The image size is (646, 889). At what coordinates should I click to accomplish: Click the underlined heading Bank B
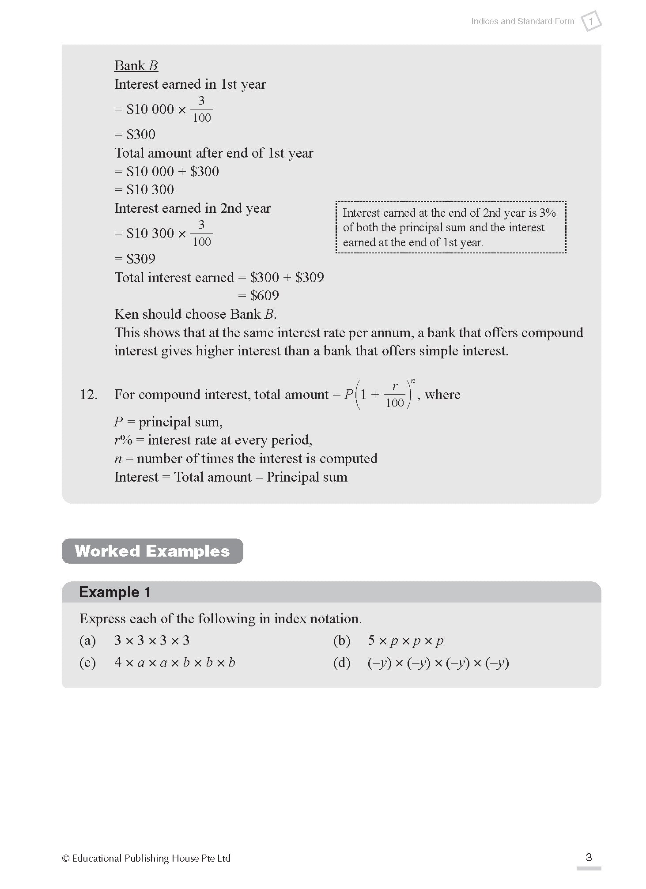coord(136,65)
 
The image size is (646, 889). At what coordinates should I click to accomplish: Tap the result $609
coord(264,295)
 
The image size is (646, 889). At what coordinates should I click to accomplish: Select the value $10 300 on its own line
coord(150,189)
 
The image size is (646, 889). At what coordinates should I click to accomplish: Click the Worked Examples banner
coord(152,551)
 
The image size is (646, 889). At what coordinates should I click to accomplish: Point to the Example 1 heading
coord(115,592)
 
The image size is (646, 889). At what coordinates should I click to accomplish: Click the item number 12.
coord(88,394)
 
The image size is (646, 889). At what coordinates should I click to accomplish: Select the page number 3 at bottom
coord(588,857)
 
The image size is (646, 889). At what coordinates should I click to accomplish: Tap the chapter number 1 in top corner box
coord(591,21)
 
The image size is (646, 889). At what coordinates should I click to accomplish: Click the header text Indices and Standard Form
coord(522,21)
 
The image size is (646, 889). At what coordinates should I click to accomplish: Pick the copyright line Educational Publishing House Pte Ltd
coord(147,858)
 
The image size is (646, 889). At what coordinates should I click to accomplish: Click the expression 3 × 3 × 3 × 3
coord(151,640)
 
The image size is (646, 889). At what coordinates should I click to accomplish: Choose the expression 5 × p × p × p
coord(405,640)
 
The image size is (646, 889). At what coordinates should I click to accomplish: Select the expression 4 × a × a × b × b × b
coord(174,663)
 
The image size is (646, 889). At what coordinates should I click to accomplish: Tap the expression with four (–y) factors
coord(438,663)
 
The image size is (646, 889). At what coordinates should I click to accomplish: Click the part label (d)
coord(341,663)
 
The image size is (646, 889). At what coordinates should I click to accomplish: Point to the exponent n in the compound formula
coord(413,380)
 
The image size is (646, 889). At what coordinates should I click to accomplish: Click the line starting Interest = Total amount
coord(230,477)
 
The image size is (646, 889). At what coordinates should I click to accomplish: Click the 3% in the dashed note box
coord(548,213)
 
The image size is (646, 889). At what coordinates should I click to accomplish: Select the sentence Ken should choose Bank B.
coord(195,314)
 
